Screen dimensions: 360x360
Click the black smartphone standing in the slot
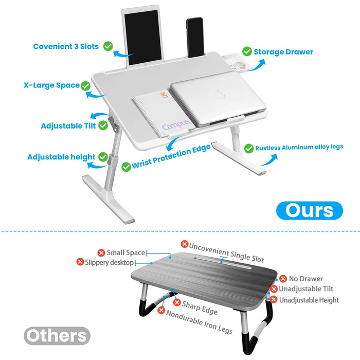click(x=195, y=38)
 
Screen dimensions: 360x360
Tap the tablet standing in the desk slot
click(x=143, y=37)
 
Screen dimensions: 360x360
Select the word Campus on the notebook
click(x=176, y=124)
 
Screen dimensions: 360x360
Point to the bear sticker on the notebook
click(x=164, y=95)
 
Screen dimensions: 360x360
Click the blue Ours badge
click(x=309, y=210)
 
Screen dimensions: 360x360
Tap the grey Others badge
click(x=57, y=336)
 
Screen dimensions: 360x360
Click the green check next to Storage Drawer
click(x=247, y=51)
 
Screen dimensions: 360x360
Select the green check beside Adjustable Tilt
click(x=103, y=125)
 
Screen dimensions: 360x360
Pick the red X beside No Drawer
click(x=283, y=279)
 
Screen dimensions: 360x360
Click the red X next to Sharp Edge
click(x=177, y=302)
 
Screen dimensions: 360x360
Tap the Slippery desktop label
click(x=109, y=262)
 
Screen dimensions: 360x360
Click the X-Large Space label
click(x=51, y=85)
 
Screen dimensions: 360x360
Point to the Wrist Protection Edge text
click(x=171, y=156)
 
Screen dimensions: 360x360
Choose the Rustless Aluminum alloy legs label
click(x=299, y=147)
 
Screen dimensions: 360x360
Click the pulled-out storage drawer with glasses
click(x=237, y=62)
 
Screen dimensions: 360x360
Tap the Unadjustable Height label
click(x=309, y=300)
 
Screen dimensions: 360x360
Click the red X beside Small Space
click(x=101, y=253)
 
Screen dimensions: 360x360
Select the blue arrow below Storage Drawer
click(x=257, y=64)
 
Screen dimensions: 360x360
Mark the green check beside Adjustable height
click(x=103, y=157)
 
